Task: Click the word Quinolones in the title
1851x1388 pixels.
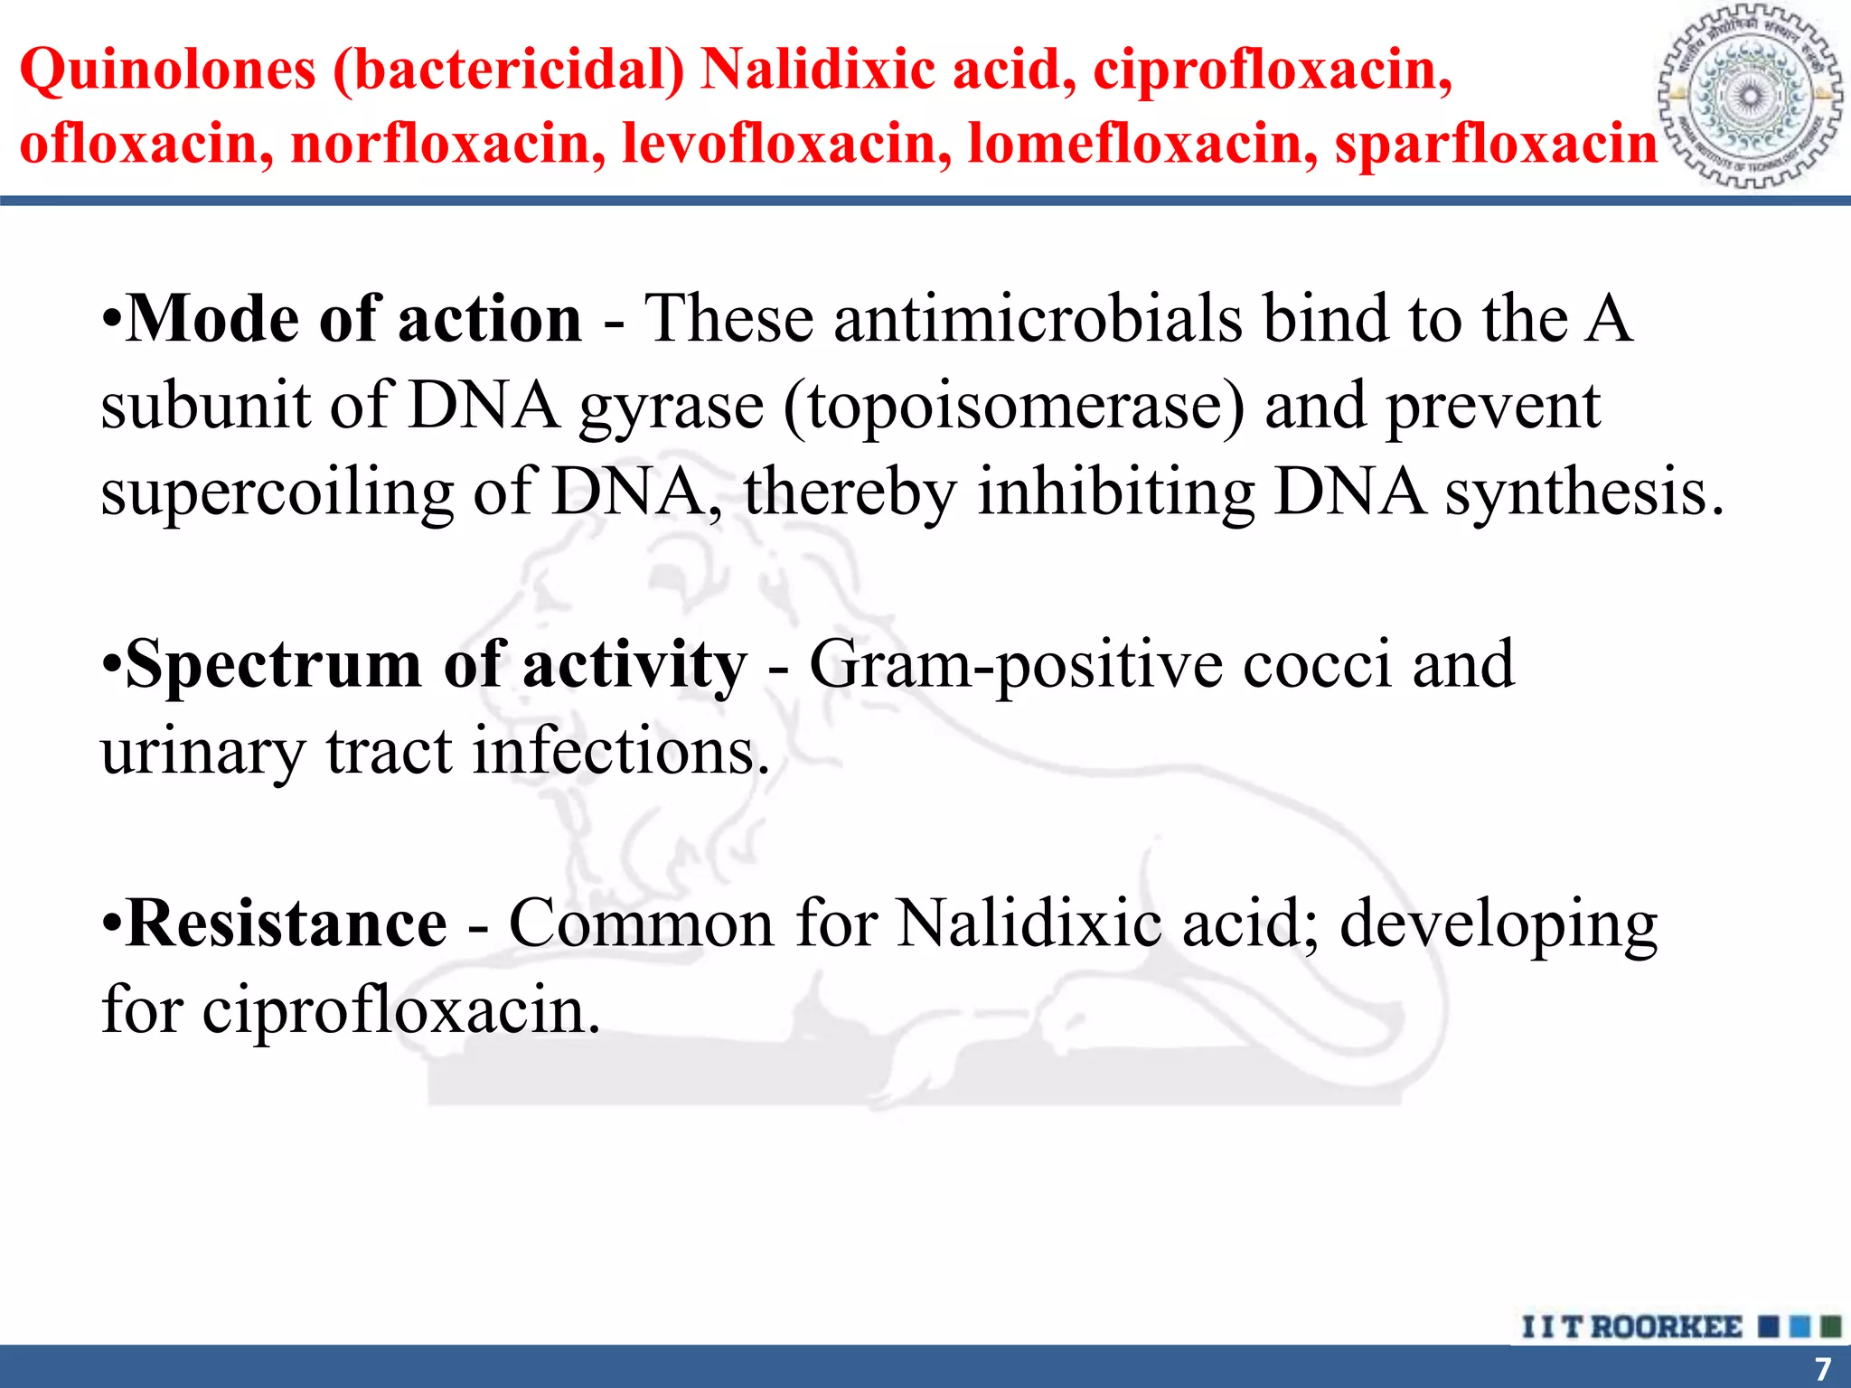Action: [168, 70]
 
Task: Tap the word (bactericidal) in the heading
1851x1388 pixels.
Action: [509, 70]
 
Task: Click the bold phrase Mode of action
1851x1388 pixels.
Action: [354, 319]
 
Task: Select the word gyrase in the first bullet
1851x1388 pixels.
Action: [672, 407]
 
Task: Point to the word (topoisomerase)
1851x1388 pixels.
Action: [1013, 407]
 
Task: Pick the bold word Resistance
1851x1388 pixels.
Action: [287, 924]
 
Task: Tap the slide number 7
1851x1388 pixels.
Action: [1823, 1368]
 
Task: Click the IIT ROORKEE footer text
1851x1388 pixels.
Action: [1631, 1327]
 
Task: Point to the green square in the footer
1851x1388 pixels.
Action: [1830, 1327]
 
